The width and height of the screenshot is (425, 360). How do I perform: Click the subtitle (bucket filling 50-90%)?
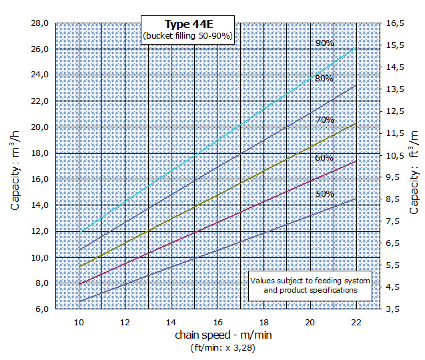tap(187, 36)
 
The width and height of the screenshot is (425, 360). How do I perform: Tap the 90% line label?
tap(325, 43)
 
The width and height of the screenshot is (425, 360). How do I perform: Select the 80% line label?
tap(324, 79)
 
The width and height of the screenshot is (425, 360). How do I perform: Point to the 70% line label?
tap(324, 120)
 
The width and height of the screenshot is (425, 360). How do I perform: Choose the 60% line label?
tap(324, 158)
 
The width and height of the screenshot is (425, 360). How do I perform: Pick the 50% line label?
tap(325, 193)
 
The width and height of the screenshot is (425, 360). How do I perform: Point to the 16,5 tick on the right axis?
tap(396, 23)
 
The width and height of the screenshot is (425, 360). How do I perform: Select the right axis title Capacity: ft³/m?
tap(414, 171)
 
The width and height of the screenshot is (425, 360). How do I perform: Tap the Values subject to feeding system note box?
tap(310, 285)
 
